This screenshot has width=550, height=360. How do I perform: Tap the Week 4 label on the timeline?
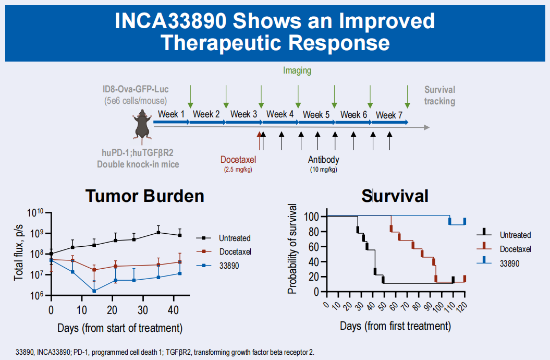point(280,114)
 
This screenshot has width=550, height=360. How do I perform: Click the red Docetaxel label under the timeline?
point(238,160)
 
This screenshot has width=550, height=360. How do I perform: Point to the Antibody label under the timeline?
point(323,160)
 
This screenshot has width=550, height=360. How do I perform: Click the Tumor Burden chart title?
point(145,196)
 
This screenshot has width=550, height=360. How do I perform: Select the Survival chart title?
point(395,196)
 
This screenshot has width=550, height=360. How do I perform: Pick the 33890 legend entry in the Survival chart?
point(509,263)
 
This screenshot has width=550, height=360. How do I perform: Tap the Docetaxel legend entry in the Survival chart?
point(515,249)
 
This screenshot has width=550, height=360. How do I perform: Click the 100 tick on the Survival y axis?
point(312,216)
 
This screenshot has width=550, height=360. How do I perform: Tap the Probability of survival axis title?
point(292,249)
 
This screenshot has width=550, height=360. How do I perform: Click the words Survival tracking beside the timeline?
point(439,95)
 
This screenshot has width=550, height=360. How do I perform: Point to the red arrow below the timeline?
point(259,140)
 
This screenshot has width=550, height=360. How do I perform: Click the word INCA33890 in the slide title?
point(171,21)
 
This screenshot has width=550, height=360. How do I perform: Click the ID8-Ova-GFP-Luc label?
point(136,90)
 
